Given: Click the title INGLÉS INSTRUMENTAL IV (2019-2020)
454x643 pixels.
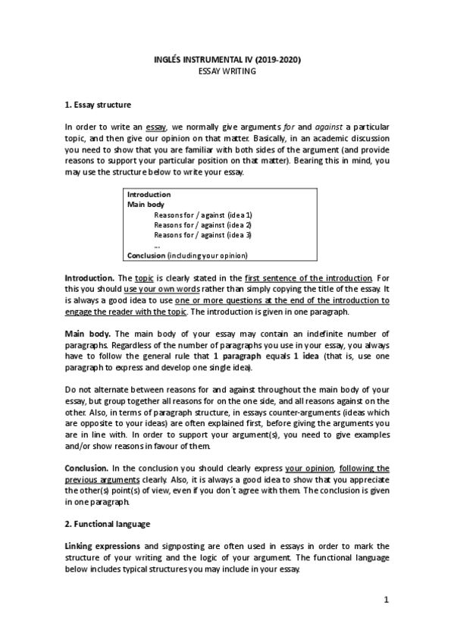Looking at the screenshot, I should [x=227, y=59].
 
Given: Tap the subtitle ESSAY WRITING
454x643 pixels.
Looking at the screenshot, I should [x=227, y=71].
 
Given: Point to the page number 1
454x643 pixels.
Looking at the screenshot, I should [x=386, y=601].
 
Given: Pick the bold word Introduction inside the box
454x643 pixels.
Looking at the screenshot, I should [x=149, y=195].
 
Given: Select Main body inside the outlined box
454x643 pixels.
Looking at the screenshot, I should [x=145, y=205].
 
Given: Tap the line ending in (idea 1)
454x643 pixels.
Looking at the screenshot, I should [x=202, y=215].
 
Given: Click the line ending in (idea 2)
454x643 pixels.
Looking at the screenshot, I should [x=202, y=225].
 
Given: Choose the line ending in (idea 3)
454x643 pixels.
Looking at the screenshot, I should [x=202, y=235].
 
